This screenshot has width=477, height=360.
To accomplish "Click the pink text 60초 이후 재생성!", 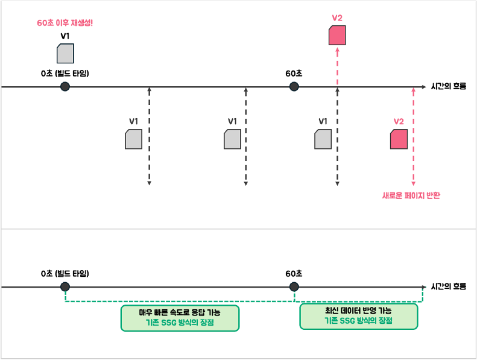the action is point(65,23).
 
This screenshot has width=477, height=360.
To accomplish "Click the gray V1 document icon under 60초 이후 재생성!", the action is point(65,53).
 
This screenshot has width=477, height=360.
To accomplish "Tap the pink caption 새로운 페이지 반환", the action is point(411,195).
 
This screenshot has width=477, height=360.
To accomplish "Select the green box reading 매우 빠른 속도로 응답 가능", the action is point(180,318).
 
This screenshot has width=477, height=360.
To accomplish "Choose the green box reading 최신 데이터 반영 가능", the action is point(359,316).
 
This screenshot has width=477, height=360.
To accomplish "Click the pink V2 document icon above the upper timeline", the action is point(337,36).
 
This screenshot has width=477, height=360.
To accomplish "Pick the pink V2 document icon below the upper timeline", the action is point(399,139).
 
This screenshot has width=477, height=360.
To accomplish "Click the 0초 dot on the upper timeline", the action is point(65,87).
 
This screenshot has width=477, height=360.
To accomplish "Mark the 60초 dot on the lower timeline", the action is point(294,286).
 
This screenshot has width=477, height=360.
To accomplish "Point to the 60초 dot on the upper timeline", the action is point(294,87).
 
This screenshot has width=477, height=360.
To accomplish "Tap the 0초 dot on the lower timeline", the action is point(65,286).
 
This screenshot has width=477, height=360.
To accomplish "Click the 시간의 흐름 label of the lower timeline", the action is point(449,286).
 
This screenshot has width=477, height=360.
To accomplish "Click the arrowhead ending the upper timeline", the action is point(425,87).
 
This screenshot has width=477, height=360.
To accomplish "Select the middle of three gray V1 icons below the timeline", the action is point(232,139).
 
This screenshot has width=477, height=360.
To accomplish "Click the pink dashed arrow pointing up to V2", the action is point(337,66).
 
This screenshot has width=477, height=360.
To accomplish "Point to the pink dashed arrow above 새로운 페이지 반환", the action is point(414,137).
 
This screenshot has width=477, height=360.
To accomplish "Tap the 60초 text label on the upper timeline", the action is point(294,74).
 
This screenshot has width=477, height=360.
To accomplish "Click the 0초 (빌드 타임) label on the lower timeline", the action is point(65,273).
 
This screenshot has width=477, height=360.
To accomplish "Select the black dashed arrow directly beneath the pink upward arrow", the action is point(337,137).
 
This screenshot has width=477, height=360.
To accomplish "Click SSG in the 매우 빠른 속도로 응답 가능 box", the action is point(169,322).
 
